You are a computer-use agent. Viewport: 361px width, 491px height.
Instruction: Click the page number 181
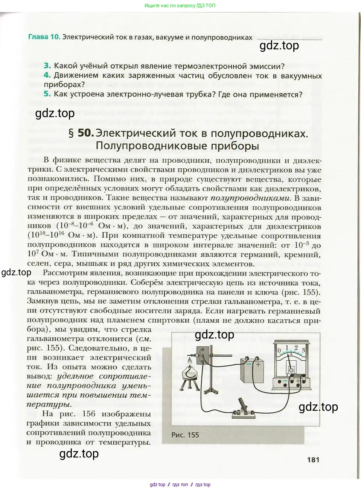point(313,459)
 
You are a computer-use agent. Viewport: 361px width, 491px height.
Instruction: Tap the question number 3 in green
point(47,66)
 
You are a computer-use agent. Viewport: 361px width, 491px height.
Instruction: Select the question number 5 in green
point(47,94)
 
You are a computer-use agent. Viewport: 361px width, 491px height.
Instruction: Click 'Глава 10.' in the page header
point(44,37)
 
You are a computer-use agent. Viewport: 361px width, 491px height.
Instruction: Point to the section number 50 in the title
point(85,133)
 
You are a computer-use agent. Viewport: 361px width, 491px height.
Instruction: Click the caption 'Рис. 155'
point(185,435)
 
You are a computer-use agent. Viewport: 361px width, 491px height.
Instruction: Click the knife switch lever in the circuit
point(243,405)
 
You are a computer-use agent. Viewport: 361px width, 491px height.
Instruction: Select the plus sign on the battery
point(258,364)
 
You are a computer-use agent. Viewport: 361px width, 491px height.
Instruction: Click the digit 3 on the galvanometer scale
point(303,350)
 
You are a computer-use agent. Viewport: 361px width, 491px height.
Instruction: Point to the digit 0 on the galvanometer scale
point(279,351)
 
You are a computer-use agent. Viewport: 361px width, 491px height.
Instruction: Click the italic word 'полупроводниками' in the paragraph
point(250,198)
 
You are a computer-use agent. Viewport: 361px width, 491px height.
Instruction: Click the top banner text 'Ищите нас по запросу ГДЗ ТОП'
point(180,6)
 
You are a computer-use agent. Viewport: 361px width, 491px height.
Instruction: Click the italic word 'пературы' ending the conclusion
point(49,404)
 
